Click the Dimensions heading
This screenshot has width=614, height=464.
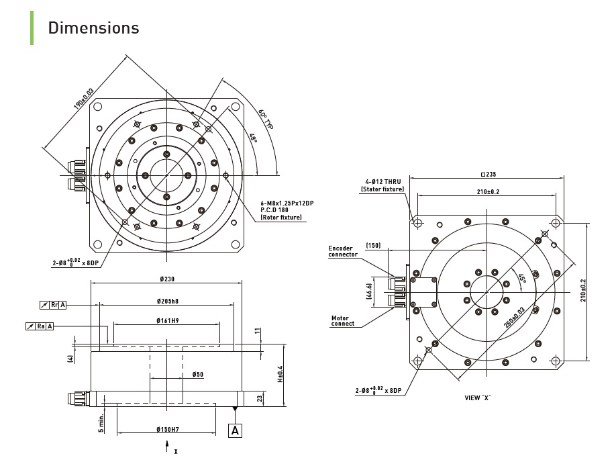pos(93,28)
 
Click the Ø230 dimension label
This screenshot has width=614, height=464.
pos(167,279)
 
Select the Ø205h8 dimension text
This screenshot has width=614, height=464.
pos(168,301)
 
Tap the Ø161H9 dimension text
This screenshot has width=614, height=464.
pos(168,320)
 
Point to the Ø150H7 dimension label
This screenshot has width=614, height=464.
pos(168,430)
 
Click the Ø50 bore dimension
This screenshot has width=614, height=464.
pos(198,374)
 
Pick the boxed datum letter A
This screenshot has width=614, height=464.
pos(235,430)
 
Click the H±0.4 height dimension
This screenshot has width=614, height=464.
pos(280,374)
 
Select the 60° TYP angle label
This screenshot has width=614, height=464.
pos(266,118)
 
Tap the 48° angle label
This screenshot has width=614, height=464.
pos(254,138)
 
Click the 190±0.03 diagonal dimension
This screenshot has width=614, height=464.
pos(83,98)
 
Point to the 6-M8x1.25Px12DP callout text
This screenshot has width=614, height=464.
pos(287,203)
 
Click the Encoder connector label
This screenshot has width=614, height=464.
pos(343,251)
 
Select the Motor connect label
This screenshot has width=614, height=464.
pos(343,321)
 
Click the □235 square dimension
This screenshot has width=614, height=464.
pos(489,175)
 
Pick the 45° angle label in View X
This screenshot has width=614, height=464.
pos(522,279)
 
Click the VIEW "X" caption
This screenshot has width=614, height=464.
pos(477,398)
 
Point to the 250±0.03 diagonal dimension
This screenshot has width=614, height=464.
pos(514,318)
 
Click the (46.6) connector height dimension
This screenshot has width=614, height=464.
pos(369,291)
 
